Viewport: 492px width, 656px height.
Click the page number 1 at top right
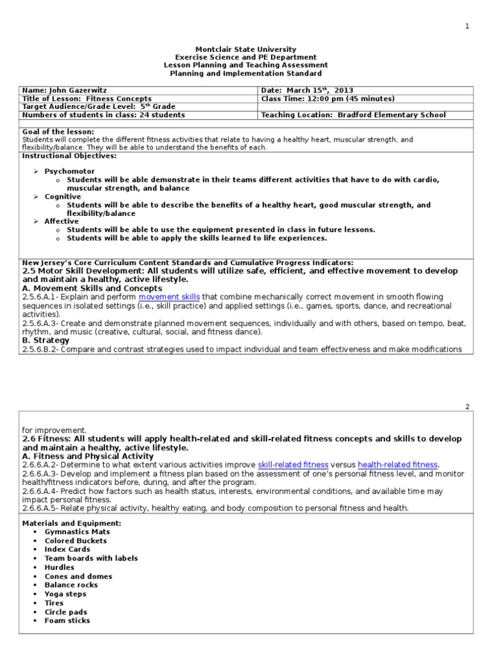[x=467, y=26]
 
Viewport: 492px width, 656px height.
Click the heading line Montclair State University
[x=245, y=49]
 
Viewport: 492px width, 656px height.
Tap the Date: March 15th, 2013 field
[x=307, y=90]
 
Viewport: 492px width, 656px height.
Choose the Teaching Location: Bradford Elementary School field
[x=354, y=115]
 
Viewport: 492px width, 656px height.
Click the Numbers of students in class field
[x=104, y=115]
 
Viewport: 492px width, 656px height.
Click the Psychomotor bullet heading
[x=69, y=172]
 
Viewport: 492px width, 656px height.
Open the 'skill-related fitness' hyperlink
[x=293, y=464]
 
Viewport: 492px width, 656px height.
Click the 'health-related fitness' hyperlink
[x=397, y=464]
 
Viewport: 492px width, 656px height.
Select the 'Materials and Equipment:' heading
[x=72, y=523]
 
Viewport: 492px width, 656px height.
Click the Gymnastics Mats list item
[x=77, y=532]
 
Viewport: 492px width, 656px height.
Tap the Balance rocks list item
[x=71, y=585]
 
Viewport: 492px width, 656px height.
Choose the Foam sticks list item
[x=67, y=620]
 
